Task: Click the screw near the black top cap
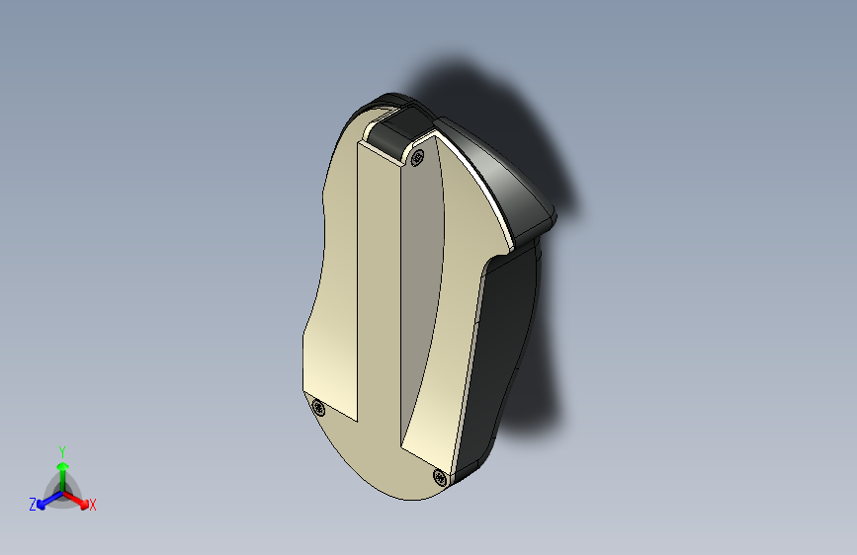click(x=417, y=158)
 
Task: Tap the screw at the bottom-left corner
click(x=318, y=408)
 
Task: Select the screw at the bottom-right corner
click(x=440, y=477)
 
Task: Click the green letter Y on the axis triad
click(x=62, y=452)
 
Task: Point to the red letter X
click(x=92, y=505)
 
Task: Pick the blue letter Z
click(x=33, y=505)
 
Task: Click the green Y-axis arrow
click(x=63, y=477)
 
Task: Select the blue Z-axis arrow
click(x=50, y=500)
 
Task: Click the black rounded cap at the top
click(x=400, y=131)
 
